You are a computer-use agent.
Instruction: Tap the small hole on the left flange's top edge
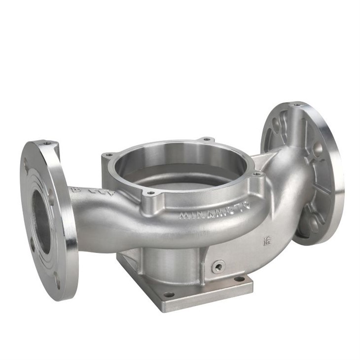point(47,143)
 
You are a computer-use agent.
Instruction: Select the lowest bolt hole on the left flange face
point(57,284)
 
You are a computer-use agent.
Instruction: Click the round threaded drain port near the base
point(217,266)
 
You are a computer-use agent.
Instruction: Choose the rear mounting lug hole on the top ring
point(206,139)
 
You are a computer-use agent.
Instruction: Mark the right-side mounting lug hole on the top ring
point(256,174)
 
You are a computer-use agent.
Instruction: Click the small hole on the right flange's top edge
point(296,105)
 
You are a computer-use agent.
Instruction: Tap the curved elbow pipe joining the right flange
point(291,197)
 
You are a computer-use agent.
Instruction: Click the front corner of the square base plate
point(163,308)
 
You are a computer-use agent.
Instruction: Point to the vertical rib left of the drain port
point(202,266)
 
